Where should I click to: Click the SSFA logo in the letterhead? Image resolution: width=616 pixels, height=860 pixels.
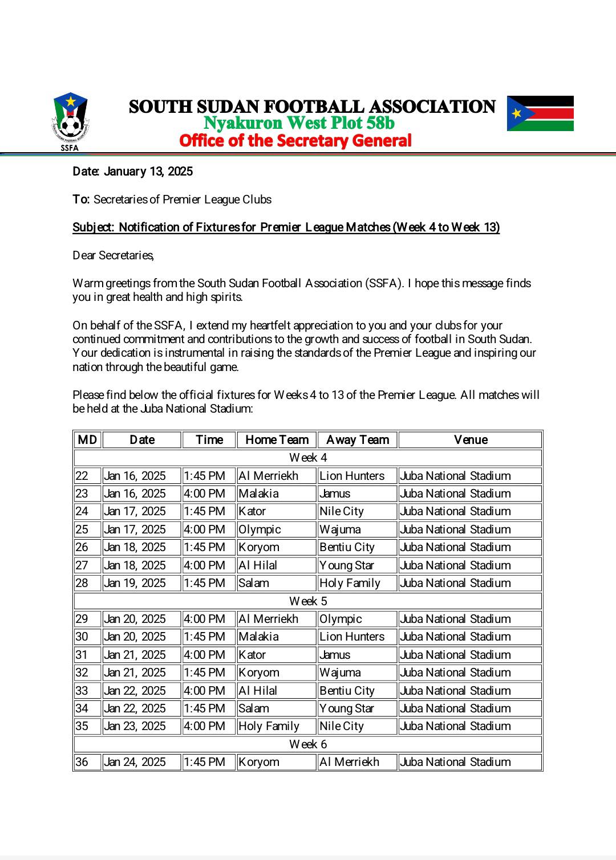[x=70, y=121]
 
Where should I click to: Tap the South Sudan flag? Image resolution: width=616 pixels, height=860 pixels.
[x=540, y=113]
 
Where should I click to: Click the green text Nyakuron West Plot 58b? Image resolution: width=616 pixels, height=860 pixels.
[x=299, y=123]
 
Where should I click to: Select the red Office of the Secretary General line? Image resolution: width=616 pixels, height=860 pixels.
[x=295, y=141]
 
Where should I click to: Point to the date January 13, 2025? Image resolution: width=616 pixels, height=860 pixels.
[x=133, y=172]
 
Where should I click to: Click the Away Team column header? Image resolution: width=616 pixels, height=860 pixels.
[x=358, y=440]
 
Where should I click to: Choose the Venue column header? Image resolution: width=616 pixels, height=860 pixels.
[x=471, y=440]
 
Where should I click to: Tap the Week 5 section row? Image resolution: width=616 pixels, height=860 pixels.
[x=308, y=601]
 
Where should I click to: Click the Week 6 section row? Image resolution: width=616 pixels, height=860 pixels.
[x=308, y=744]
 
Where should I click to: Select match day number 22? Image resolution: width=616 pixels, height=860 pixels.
[x=82, y=476]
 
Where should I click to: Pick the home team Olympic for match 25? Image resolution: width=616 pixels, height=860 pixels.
[x=260, y=529]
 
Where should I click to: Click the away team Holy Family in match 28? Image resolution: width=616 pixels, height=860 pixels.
[x=350, y=583]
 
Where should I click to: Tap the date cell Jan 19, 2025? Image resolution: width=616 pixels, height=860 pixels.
[x=135, y=583]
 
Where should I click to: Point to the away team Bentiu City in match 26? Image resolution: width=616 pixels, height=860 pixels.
[x=347, y=547]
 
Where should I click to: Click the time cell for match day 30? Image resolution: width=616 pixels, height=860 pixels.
[x=205, y=637]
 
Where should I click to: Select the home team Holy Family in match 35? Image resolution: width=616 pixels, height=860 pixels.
[x=269, y=726]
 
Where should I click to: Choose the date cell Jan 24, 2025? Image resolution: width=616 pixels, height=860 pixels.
[x=135, y=762]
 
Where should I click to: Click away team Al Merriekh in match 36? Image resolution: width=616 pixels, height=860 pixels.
[x=350, y=762]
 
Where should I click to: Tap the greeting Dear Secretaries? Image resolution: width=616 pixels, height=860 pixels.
[x=114, y=255]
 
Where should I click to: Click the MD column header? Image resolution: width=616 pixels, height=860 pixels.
[x=87, y=440]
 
